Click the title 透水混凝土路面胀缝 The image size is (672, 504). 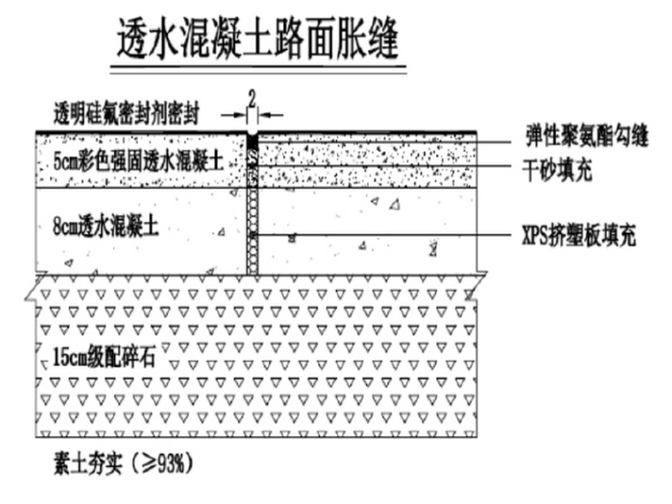[x=261, y=40]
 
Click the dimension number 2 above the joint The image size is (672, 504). [x=251, y=96]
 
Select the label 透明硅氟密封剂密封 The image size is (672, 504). [x=131, y=113]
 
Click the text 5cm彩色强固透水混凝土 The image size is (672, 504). [x=136, y=162]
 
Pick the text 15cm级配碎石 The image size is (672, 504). [x=104, y=359]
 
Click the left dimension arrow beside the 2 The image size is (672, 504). [x=240, y=113]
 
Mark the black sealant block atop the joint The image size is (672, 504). [x=252, y=141]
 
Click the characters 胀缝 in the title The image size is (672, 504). [x=371, y=40]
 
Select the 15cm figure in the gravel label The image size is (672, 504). [x=69, y=359]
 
